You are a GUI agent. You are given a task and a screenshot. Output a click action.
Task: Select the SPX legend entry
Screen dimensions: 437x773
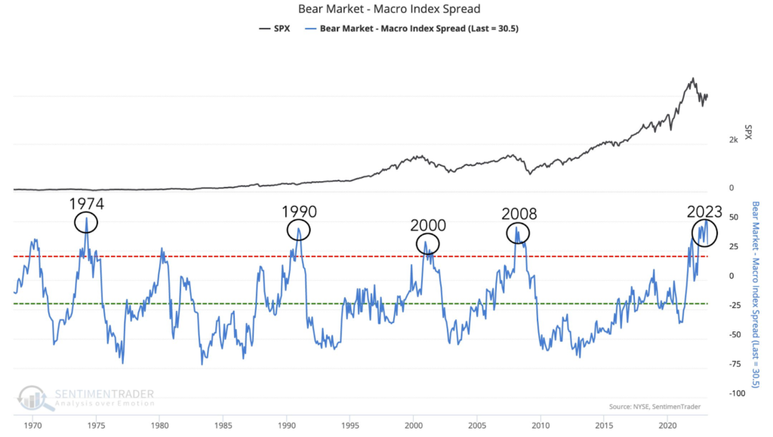[276, 29]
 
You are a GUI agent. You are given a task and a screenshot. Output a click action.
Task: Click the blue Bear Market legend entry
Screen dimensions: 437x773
[414, 29]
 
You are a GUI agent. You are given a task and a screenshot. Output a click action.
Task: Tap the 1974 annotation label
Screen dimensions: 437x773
[87, 204]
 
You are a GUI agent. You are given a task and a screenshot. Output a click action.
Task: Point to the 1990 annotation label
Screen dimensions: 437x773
[299, 211]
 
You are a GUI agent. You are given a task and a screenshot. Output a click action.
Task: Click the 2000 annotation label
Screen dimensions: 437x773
[428, 225]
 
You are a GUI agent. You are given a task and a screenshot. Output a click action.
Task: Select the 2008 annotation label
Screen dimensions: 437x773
[519, 214]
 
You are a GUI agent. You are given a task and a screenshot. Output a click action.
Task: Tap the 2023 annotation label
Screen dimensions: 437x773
[704, 211]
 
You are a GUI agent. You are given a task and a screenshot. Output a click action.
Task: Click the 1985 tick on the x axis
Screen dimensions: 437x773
[222, 426]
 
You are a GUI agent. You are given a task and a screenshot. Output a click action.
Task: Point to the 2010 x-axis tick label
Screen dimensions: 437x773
[540, 426]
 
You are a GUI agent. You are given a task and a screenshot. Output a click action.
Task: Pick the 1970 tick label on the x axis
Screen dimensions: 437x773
[32, 426]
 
